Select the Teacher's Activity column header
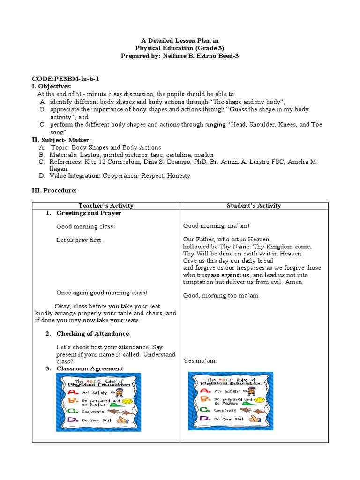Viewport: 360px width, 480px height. (106, 205)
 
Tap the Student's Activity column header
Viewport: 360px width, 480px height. (254, 205)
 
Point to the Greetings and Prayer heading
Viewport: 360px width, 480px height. (89, 213)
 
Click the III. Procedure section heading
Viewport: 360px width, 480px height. (54, 190)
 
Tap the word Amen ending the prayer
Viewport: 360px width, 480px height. (294, 282)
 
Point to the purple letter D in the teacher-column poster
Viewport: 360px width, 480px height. (73, 420)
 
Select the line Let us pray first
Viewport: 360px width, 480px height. (79, 240)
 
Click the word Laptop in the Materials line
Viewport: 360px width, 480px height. (90, 155)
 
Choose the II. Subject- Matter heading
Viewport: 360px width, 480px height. (61, 140)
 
